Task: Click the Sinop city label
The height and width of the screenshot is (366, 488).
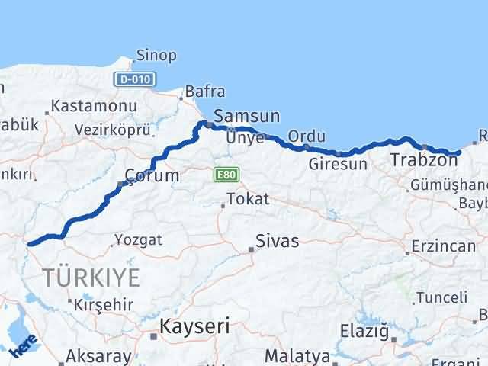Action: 156,55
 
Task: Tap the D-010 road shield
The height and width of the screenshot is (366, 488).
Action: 135,79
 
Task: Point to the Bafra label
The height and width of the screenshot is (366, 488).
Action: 207,91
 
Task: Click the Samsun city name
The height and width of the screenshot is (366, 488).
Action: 246,117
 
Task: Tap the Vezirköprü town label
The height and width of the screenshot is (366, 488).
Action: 111,130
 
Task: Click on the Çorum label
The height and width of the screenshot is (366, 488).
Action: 152,176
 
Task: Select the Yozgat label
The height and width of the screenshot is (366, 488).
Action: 138,240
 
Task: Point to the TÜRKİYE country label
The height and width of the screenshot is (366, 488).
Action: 91,278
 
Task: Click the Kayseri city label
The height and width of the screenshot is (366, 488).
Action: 194,327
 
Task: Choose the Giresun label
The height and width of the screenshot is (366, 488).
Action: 339,164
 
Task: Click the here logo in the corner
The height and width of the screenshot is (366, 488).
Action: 23,348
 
